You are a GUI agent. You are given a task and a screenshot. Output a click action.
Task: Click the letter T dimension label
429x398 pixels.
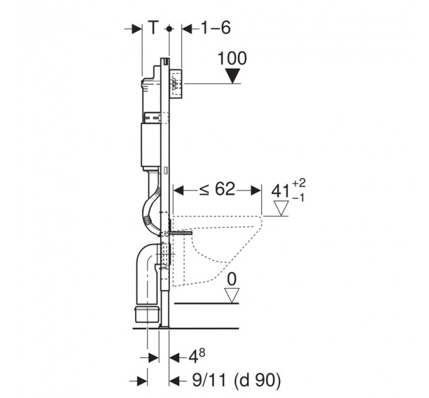[x=154, y=27]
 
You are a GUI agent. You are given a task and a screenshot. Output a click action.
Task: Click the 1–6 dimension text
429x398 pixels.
[x=216, y=28]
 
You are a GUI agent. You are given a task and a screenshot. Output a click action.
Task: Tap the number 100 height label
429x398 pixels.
[x=232, y=58]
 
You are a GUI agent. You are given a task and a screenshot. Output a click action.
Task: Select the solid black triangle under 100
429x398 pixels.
[x=233, y=76]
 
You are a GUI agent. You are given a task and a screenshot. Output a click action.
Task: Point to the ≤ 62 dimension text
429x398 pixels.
[x=217, y=189]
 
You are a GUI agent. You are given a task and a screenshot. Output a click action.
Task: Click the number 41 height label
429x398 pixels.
[x=280, y=191]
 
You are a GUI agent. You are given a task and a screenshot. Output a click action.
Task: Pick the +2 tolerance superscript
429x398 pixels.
[x=299, y=183]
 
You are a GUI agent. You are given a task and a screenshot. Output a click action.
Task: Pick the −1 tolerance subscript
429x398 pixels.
[x=298, y=198]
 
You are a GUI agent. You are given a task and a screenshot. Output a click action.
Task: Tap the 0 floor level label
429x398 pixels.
[x=232, y=279]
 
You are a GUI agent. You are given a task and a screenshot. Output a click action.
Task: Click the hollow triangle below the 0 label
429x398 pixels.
[x=232, y=296]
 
